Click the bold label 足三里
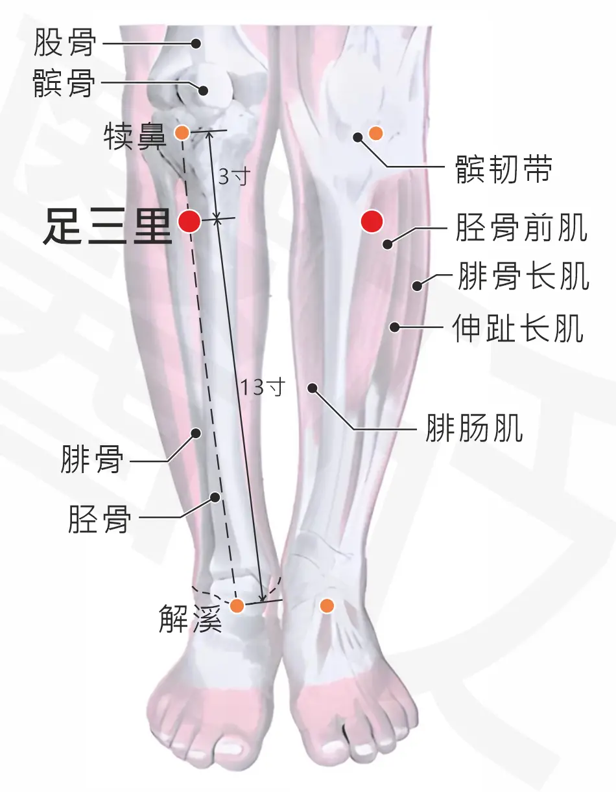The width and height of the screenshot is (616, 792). click(108, 226)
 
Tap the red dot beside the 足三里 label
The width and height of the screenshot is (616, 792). click(189, 221)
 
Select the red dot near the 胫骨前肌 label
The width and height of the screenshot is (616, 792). click(372, 221)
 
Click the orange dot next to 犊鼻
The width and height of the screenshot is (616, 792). click(182, 133)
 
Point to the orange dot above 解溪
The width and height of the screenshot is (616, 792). click(237, 605)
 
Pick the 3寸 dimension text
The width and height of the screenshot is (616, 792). click(234, 177)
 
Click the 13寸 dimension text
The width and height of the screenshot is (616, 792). click(263, 386)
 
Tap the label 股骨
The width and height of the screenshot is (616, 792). click(65, 43)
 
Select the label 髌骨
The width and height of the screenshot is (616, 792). click(64, 83)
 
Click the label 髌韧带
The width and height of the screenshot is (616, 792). click(504, 169)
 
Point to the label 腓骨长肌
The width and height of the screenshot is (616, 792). click(523, 276)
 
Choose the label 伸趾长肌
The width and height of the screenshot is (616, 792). click(518, 329)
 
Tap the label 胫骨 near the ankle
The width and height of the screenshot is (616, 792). click(99, 518)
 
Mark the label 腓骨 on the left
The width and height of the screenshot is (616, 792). click(92, 460)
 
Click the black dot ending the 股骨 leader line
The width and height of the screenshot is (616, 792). click(196, 43)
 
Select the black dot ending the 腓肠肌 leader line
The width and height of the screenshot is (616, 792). click(313, 388)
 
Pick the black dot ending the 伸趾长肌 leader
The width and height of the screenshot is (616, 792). click(394, 327)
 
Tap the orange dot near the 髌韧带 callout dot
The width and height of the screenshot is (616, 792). click(376, 134)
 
